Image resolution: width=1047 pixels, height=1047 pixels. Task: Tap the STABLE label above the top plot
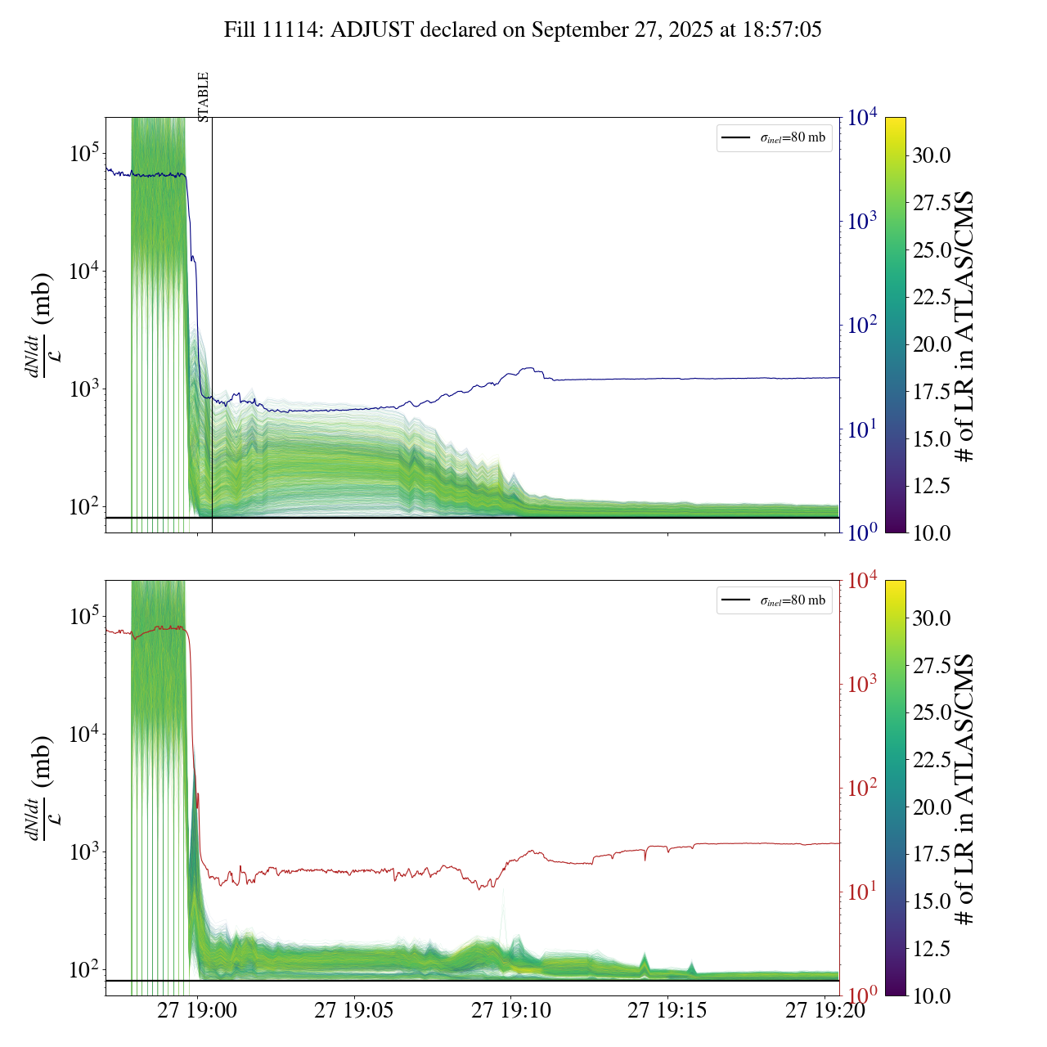tap(204, 97)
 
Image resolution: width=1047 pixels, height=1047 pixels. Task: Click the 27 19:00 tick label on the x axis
tap(197, 1011)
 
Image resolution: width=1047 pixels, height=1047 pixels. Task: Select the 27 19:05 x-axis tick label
tap(353, 1011)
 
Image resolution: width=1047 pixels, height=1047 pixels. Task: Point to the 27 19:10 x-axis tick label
tap(510, 1011)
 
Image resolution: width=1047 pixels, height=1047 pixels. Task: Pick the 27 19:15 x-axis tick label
tap(667, 1011)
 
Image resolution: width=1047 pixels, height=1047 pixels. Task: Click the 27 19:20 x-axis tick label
tap(825, 1011)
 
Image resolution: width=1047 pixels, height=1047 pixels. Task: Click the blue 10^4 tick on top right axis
tap(863, 118)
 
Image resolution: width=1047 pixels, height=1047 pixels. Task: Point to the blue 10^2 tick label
tap(863, 326)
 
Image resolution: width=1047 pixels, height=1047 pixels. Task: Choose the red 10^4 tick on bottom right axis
tap(863, 581)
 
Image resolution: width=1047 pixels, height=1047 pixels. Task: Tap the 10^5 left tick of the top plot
tap(84, 153)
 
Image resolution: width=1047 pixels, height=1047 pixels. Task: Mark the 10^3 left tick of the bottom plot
tap(84, 852)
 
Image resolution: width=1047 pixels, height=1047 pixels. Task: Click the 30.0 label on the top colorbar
tap(932, 155)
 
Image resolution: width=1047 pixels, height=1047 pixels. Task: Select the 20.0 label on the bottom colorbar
tap(932, 807)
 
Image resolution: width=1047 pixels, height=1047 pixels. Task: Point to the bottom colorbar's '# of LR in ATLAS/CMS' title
tap(966, 789)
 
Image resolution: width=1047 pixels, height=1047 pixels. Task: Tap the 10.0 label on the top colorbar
tap(932, 533)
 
